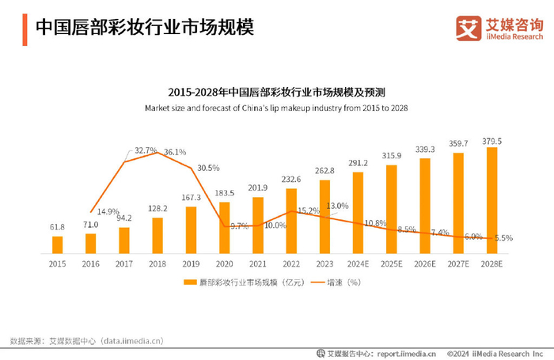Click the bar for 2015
click(57, 244)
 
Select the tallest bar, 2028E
click(492, 200)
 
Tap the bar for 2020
click(225, 228)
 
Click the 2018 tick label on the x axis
click(157, 263)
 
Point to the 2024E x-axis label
click(359, 263)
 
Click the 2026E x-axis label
click(425, 263)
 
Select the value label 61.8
click(57, 228)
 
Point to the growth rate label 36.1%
click(175, 152)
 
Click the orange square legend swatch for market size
click(189, 282)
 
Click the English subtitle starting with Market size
click(276, 107)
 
